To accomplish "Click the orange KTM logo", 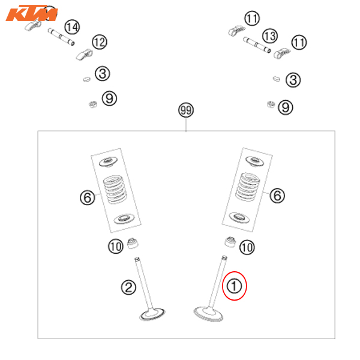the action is [32, 13].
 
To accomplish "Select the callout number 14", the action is [72, 27].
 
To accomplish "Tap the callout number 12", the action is [100, 42].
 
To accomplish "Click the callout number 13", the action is [270, 36].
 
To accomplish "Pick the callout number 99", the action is [186, 110].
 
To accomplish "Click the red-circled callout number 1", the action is [234, 286].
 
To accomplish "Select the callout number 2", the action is [128, 287].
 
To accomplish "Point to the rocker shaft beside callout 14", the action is [61, 37].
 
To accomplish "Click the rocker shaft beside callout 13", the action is [257, 44].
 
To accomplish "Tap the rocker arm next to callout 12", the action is [84, 55].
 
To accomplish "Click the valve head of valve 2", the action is [152, 314].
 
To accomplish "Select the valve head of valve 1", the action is [208, 314].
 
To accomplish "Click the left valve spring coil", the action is [115, 190].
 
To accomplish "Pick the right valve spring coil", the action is [247, 187].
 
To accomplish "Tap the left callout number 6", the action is [88, 197].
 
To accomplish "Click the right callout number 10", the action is [247, 247].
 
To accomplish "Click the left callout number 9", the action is [109, 98].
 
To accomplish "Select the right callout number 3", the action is [293, 80].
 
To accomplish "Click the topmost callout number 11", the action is [252, 19].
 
